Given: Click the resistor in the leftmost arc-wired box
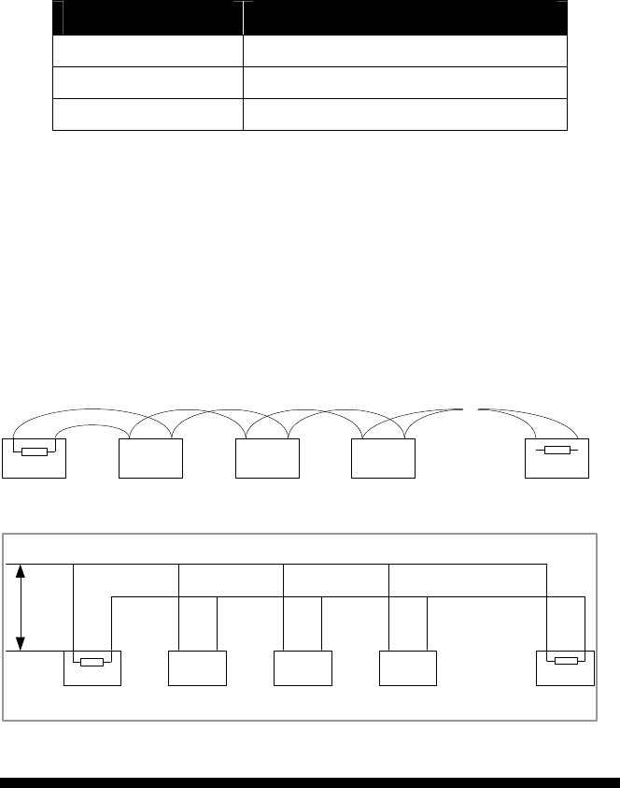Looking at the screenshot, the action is pyautogui.click(x=35, y=452).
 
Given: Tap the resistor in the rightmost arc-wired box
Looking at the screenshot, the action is pyautogui.click(x=557, y=451).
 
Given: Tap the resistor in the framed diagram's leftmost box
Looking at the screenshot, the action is pyautogui.click(x=92, y=663).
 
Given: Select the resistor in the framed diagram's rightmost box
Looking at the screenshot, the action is pyautogui.click(x=565, y=662).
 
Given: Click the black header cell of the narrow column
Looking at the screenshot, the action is pyautogui.click(x=148, y=18).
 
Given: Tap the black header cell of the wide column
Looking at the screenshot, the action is pyautogui.click(x=405, y=18).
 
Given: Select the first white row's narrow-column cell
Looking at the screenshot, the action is pyautogui.click(x=148, y=50).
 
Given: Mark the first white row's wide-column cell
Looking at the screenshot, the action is pyautogui.click(x=405, y=50).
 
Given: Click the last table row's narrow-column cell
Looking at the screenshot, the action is pyautogui.click(x=148, y=113).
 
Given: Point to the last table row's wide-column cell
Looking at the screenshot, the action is pyautogui.click(x=405, y=113).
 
